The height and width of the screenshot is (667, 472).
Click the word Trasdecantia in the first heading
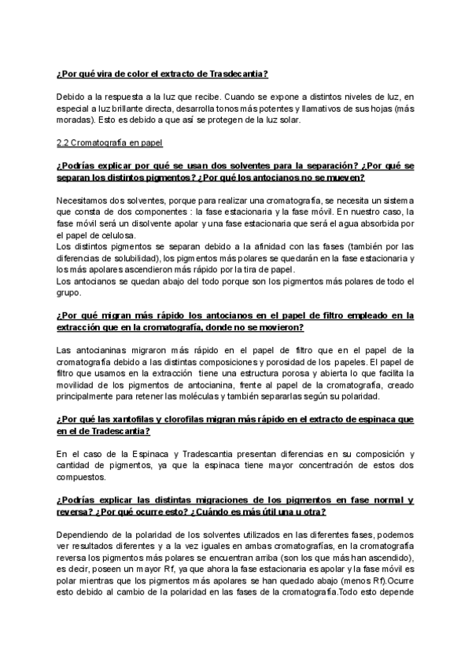coord(241,74)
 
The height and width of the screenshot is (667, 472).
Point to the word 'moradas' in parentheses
coord(74,120)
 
